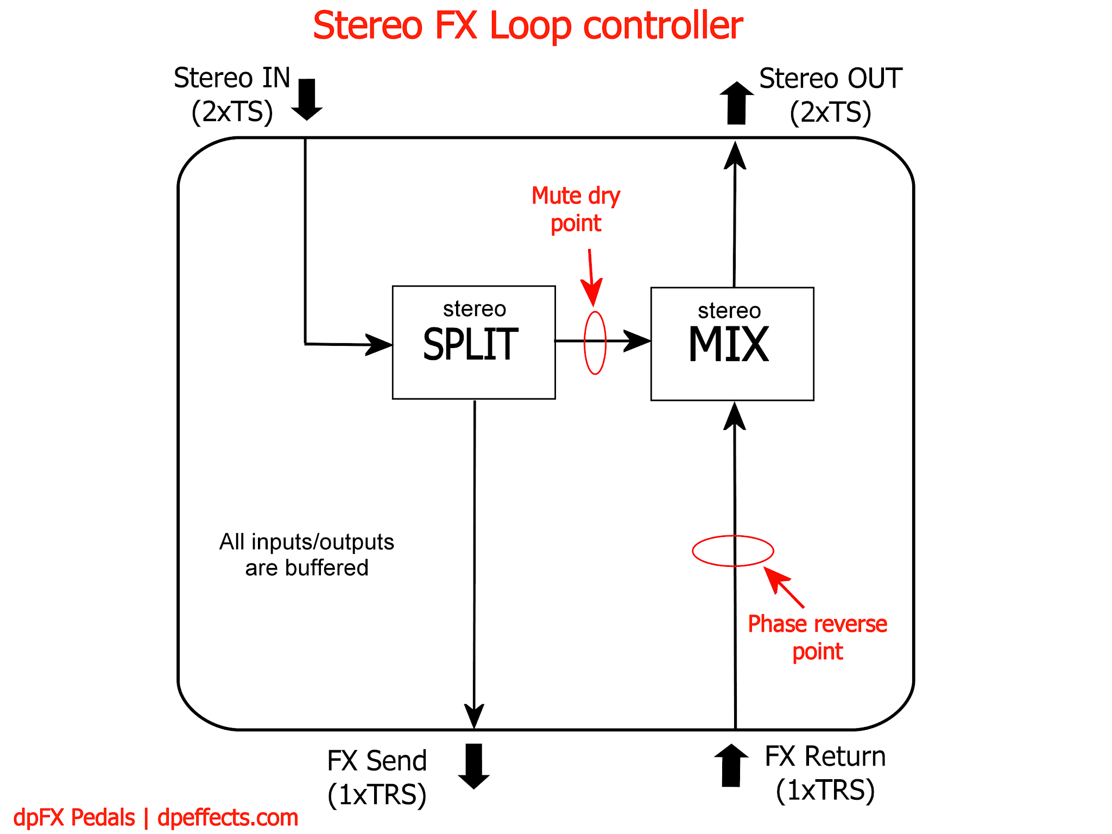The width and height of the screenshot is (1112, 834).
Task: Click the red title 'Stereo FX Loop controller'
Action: pos(528,26)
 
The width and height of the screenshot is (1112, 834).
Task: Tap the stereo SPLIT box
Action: pos(473,342)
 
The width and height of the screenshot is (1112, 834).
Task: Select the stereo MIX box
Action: pos(732,344)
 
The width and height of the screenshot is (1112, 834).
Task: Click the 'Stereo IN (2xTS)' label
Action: pos(232,95)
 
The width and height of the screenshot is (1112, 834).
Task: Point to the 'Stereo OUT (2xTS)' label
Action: pos(830,96)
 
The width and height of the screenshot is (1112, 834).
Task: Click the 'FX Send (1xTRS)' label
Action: pos(377,777)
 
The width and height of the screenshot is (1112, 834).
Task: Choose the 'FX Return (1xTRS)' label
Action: pos(825,773)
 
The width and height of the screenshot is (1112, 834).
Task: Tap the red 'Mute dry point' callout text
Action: pos(576,209)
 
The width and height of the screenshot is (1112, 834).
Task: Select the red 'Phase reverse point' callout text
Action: pos(817,637)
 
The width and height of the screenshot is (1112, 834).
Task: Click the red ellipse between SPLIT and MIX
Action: pos(595,343)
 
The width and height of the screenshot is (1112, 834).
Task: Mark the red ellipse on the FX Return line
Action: pos(733,551)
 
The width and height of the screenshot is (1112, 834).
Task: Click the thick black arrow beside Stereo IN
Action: pos(307,99)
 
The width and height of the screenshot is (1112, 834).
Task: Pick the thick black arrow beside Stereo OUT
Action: pos(736,103)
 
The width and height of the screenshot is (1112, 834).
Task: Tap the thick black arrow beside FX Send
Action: pos(474,766)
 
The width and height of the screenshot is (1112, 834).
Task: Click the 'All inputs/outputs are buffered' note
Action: pos(307,554)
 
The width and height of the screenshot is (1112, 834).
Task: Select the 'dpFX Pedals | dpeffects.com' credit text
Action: pos(156,818)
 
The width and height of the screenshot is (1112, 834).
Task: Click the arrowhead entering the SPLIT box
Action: pos(378,344)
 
